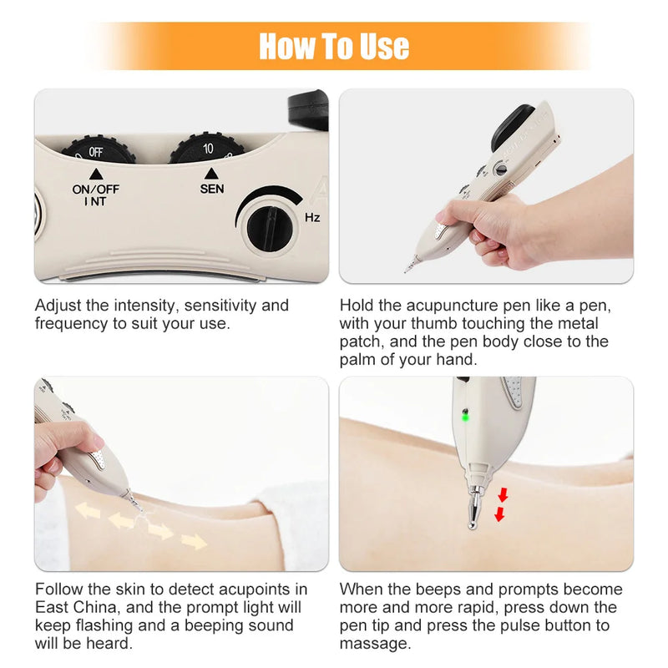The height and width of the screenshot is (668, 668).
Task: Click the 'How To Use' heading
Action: (334, 46)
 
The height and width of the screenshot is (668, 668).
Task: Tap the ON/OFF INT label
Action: (95, 194)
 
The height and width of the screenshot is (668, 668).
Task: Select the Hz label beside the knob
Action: (312, 218)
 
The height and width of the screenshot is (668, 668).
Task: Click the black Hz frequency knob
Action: (270, 225)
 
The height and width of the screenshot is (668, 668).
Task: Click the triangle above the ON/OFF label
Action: (95, 174)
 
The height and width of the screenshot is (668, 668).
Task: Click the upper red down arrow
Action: (503, 493)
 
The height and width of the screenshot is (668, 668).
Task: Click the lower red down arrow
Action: (499, 514)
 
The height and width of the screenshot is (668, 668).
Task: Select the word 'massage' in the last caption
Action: (374, 644)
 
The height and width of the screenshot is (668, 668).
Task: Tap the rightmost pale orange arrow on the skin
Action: (194, 542)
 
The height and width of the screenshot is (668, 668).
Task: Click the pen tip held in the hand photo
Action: (409, 267)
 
